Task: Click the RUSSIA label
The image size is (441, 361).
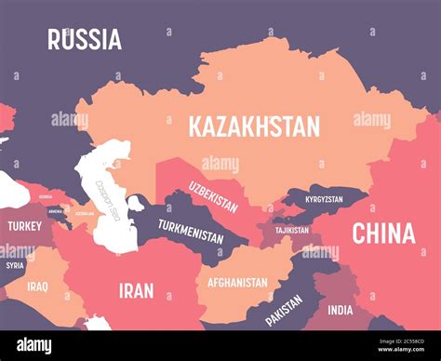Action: [85, 39]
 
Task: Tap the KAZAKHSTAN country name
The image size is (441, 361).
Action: [253, 126]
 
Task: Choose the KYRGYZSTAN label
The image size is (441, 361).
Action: [319, 199]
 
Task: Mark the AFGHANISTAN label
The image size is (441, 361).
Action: [237, 282]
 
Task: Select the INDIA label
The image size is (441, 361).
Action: [340, 310]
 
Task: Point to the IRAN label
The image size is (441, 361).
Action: [136, 290]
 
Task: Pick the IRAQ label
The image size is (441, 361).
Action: [37, 287]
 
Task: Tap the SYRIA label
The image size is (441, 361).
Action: [14, 265]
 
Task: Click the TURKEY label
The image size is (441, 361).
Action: [24, 226]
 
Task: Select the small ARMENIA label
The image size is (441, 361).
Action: [56, 210]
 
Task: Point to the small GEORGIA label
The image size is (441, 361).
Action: [45, 197]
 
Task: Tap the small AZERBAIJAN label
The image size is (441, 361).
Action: [83, 213]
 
